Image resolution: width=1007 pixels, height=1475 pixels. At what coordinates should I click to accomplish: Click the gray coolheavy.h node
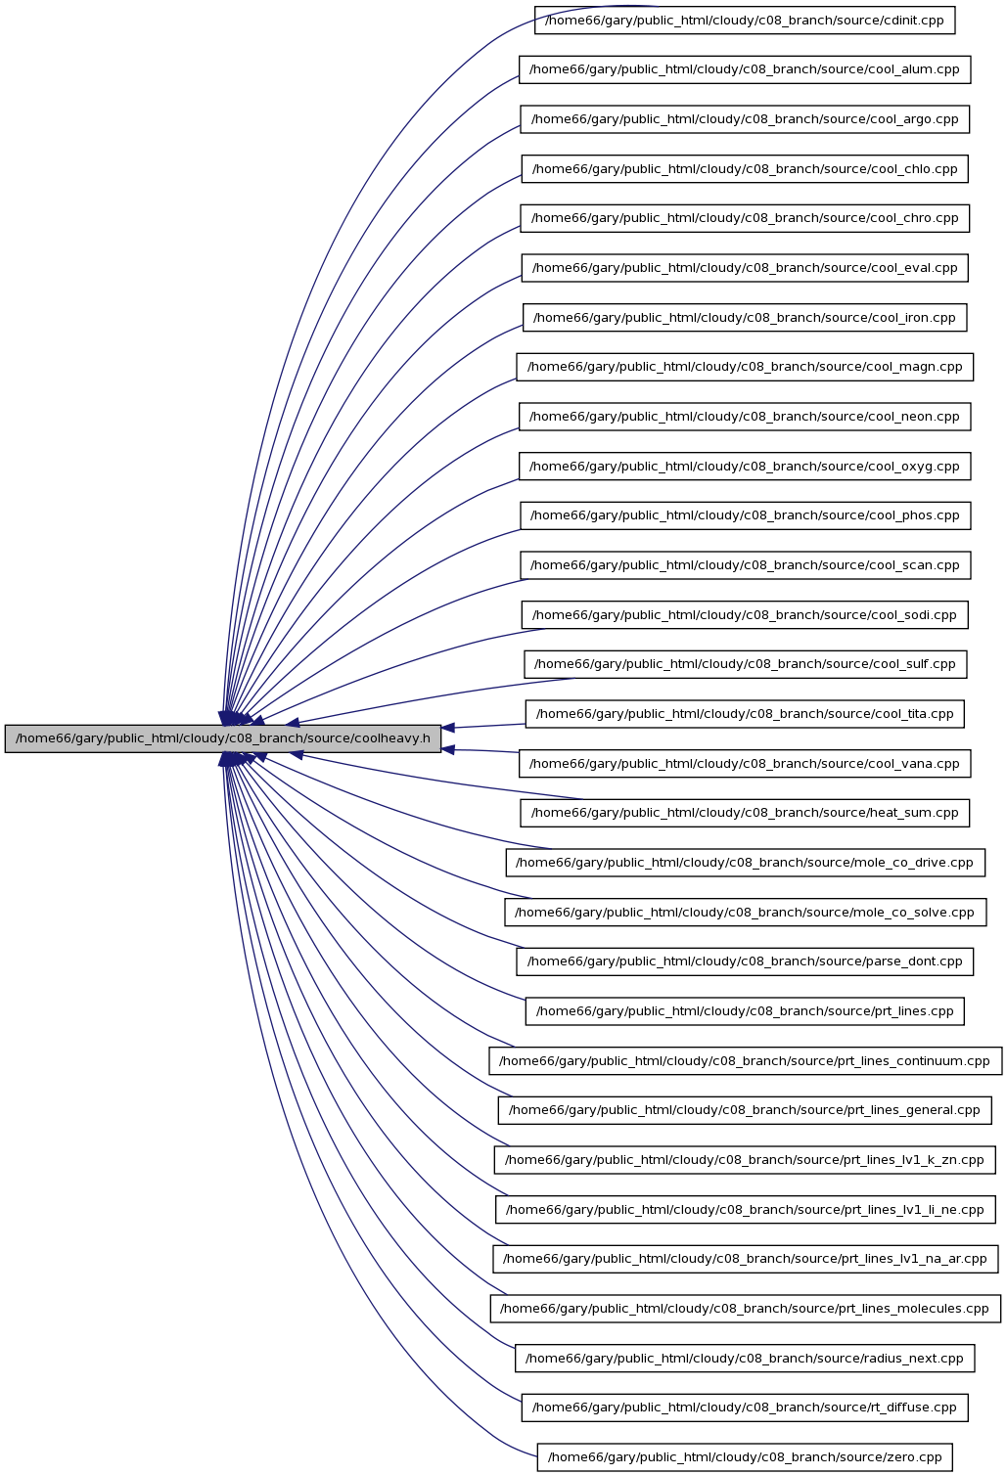[223, 738]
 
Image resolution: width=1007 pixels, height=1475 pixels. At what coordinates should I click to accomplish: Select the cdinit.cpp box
[745, 21]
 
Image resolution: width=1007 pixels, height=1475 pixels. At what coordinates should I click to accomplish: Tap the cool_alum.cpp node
[745, 69]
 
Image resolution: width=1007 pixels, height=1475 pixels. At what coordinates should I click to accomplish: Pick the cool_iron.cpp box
[745, 317]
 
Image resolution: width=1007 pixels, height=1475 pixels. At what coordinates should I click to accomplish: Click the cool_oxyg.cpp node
[745, 467]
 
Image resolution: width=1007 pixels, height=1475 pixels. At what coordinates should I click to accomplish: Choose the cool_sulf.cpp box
[746, 664]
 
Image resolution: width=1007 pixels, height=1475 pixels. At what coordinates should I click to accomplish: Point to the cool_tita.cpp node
[745, 714]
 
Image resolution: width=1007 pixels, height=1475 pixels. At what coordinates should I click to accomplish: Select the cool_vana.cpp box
[745, 763]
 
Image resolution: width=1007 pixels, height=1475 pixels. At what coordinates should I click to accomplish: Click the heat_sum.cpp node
[745, 813]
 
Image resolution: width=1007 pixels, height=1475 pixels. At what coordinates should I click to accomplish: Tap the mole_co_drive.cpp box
[746, 863]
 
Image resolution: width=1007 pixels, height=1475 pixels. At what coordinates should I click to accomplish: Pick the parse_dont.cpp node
[745, 961]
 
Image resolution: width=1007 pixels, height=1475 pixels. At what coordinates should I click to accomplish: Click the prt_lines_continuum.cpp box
[746, 1061]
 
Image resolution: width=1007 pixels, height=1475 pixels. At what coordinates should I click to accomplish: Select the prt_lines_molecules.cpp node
[746, 1309]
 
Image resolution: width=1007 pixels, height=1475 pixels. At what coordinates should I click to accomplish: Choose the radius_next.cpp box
[745, 1358]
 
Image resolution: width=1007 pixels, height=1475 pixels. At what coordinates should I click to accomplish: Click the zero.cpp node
[745, 1456]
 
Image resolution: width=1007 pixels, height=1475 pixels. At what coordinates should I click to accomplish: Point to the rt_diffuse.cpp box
[745, 1408]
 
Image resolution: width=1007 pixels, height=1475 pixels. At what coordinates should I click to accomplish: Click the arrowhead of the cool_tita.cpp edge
[448, 728]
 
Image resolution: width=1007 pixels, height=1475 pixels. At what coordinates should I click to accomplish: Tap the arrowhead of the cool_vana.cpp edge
[448, 749]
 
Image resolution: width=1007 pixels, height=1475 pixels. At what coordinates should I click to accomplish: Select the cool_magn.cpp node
[745, 367]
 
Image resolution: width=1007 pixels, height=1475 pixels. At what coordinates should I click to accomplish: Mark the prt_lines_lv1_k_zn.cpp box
[745, 1160]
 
